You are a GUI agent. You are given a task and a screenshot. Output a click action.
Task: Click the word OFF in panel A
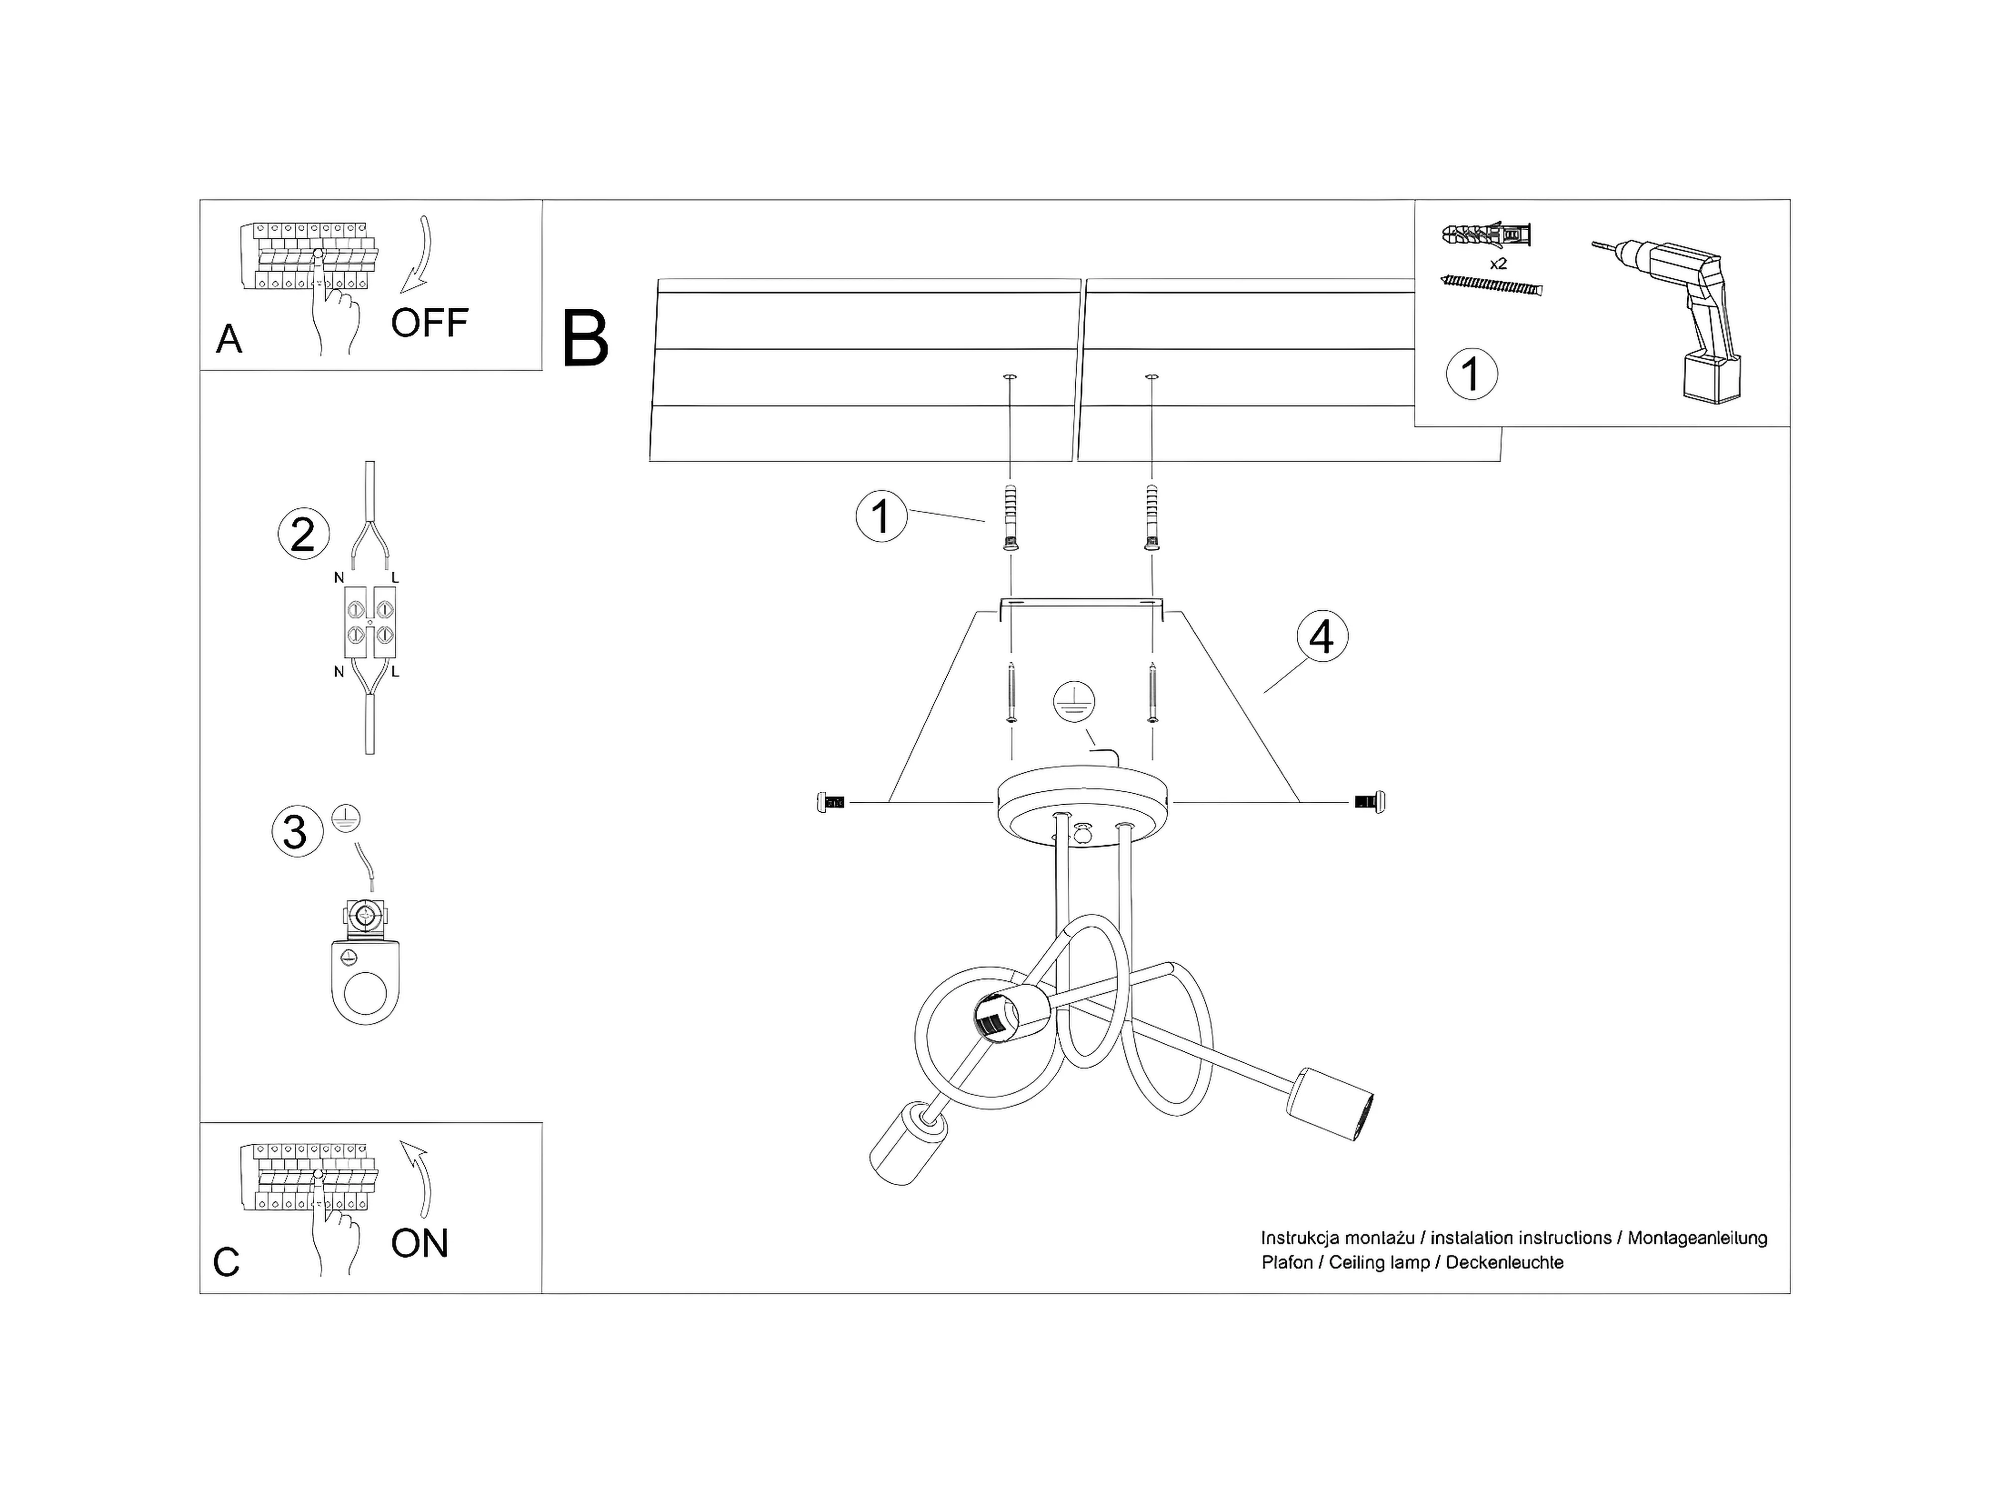(430, 322)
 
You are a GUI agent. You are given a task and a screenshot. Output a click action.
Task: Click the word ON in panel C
(420, 1244)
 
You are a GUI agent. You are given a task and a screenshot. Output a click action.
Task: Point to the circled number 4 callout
(1322, 636)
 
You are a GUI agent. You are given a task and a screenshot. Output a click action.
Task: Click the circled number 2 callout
(303, 534)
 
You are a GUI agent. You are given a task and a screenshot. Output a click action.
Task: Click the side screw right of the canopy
(1369, 801)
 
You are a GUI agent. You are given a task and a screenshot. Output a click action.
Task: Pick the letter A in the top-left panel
(230, 340)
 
